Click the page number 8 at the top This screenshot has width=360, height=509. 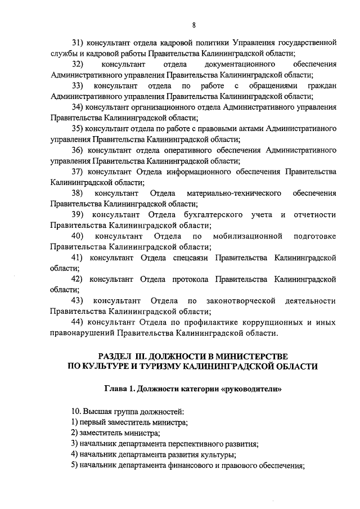coord(193,25)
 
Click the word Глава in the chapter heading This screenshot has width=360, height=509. coord(116,389)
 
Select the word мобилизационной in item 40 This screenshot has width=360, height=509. coord(245,236)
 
